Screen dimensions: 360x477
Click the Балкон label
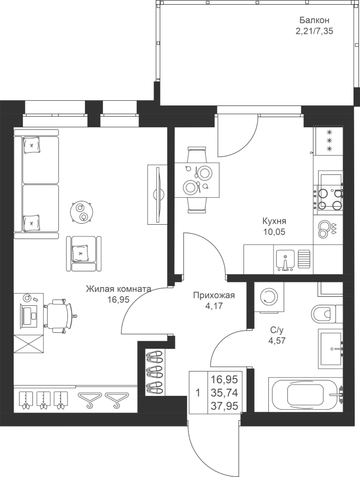(x=314, y=20)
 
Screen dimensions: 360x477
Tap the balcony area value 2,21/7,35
(x=314, y=31)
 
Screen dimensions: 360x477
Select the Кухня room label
(x=275, y=221)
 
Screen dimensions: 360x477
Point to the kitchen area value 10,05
(x=275, y=232)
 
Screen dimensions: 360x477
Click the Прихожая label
(x=214, y=295)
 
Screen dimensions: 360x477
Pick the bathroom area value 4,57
(x=277, y=340)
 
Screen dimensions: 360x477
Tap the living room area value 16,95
(x=118, y=299)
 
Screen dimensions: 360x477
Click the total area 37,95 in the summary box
(x=224, y=405)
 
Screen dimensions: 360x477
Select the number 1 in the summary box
(x=198, y=393)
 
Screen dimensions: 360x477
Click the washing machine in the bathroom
(x=269, y=297)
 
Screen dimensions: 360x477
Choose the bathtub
(x=306, y=394)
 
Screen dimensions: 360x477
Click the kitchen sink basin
(x=285, y=260)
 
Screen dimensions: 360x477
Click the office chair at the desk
(x=59, y=316)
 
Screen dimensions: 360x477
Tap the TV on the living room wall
(x=158, y=195)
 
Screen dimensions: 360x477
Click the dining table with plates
(x=197, y=180)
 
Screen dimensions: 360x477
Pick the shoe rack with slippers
(x=155, y=372)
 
